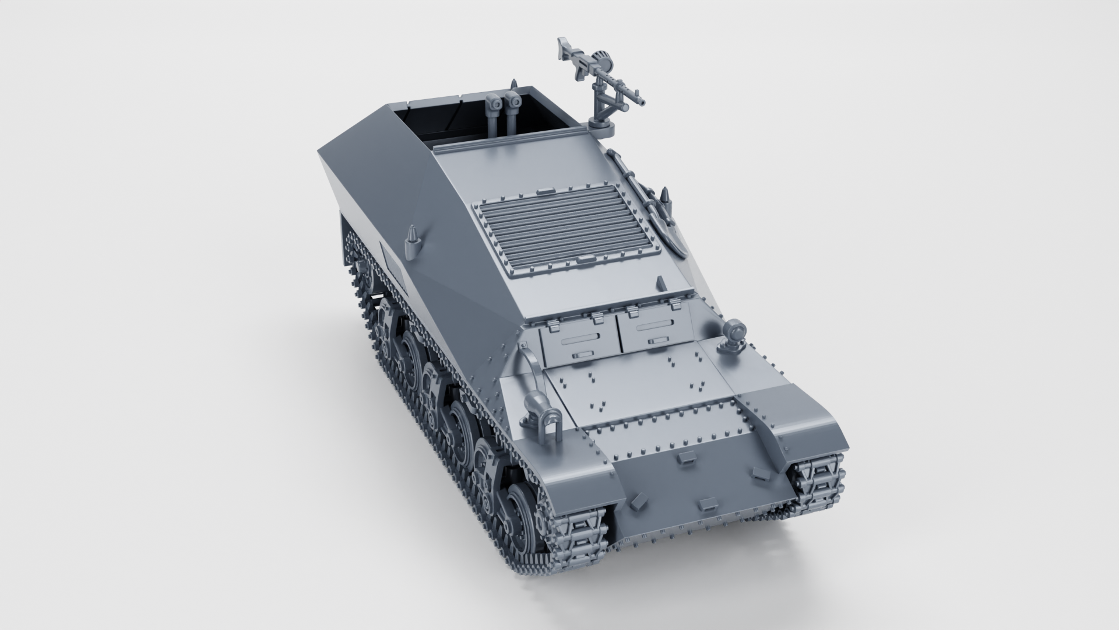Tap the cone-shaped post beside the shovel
click(x=666, y=197)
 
